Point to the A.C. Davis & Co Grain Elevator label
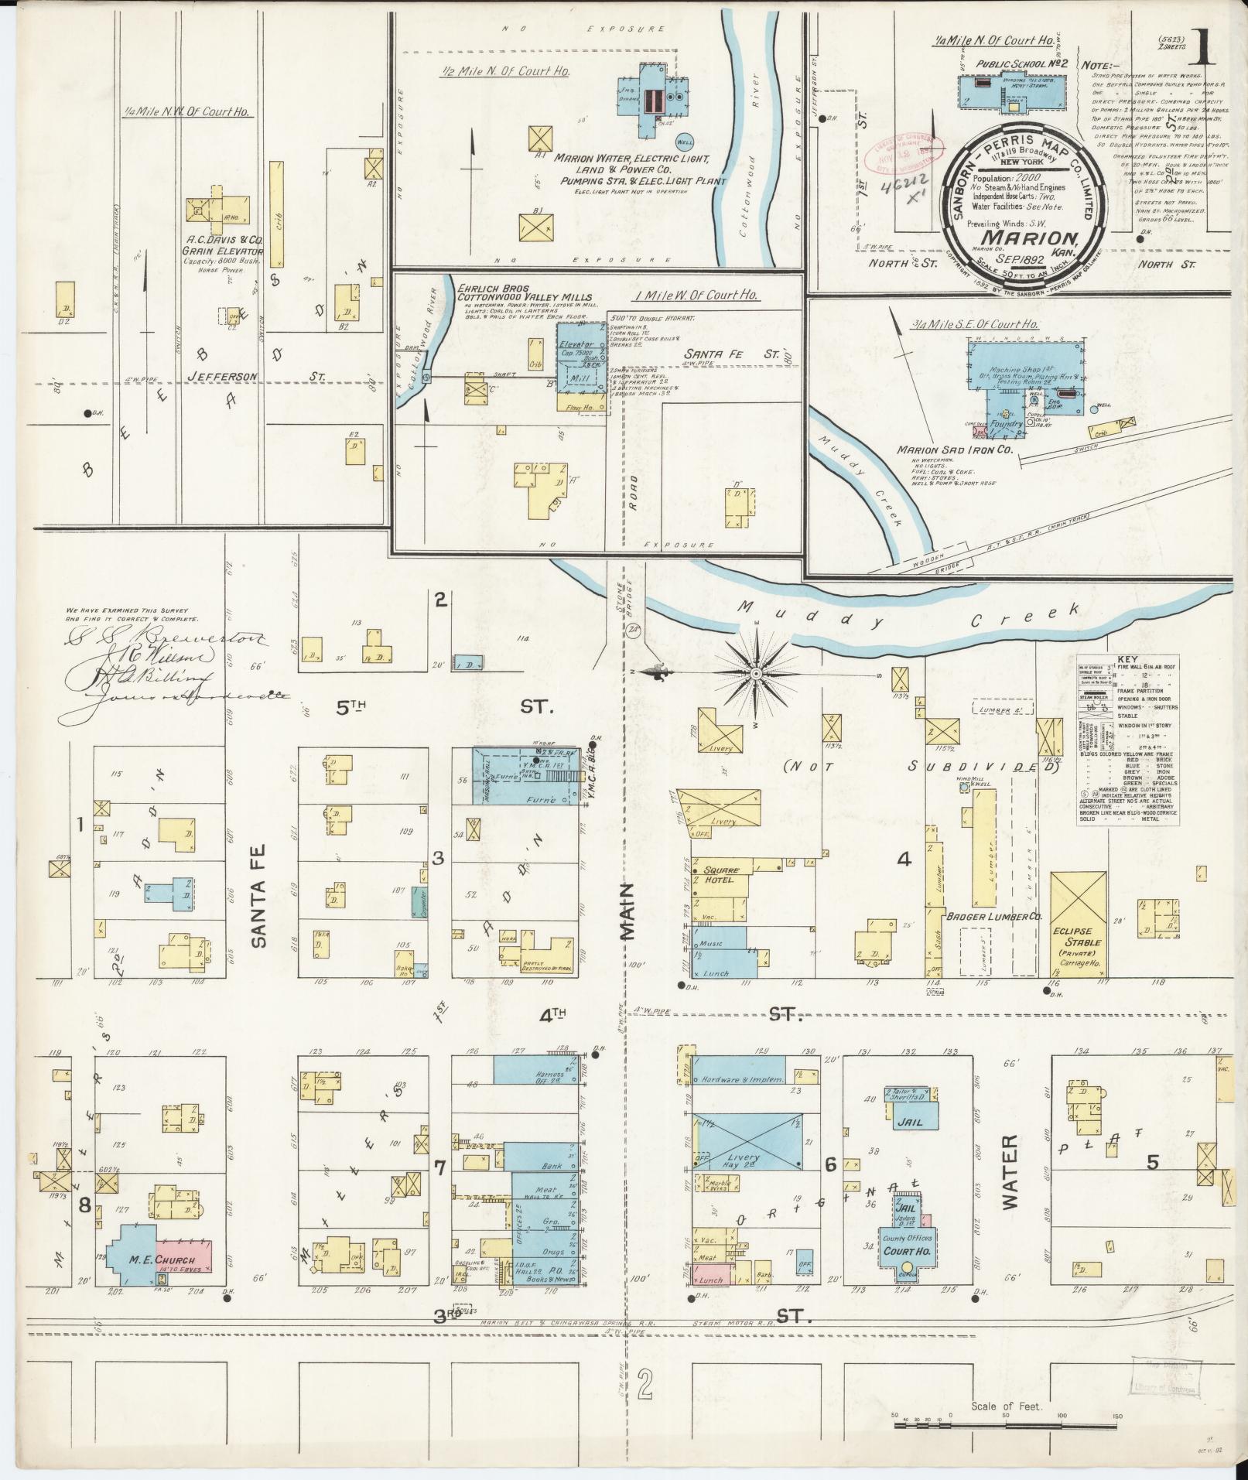coord(223,246)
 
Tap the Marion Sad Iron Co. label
coord(954,449)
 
